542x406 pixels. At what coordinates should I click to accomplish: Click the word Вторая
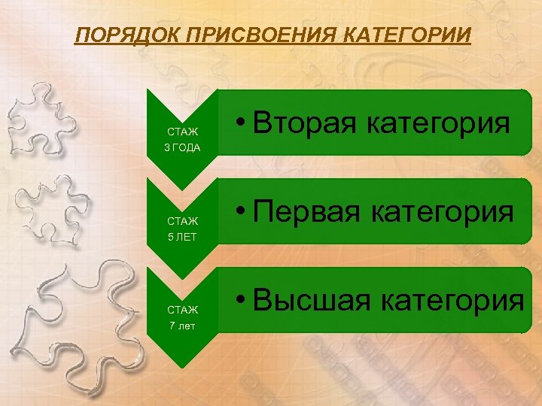tap(304, 123)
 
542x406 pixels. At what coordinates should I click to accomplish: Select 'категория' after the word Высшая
tap(453, 300)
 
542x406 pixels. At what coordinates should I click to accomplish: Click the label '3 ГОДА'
tap(182, 147)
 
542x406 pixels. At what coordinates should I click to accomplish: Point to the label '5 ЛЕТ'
tap(182, 237)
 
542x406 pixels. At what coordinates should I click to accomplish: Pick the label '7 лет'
tap(182, 326)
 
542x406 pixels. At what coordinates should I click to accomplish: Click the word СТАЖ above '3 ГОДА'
tap(182, 131)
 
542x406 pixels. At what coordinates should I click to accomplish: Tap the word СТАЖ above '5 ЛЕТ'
tap(182, 221)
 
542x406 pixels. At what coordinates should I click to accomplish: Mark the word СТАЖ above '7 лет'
tap(182, 310)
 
